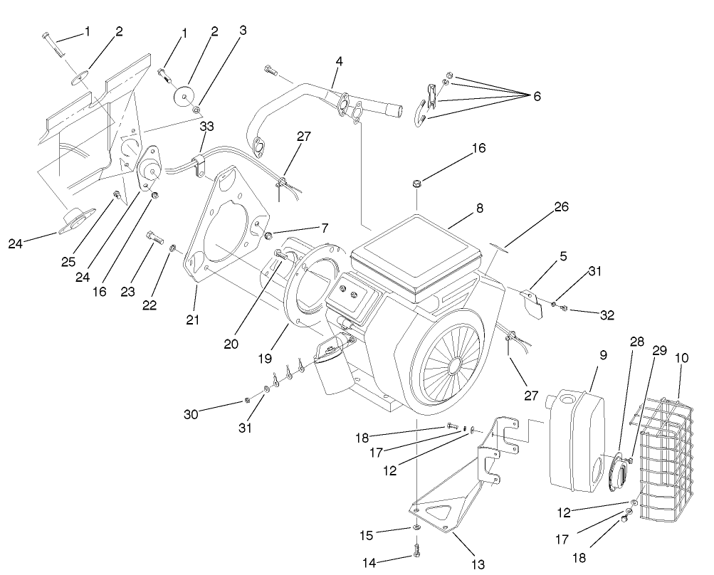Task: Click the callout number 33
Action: [206, 126]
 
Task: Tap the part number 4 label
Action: [339, 62]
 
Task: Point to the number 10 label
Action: [682, 359]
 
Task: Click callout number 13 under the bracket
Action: [478, 564]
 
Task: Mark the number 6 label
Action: [537, 97]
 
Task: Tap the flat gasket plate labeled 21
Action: [228, 221]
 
